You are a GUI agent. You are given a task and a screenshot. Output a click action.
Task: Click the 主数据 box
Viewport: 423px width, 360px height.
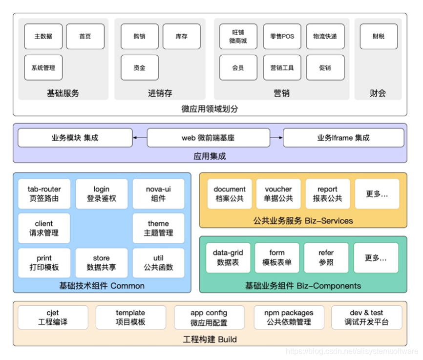pyautogui.click(x=43, y=37)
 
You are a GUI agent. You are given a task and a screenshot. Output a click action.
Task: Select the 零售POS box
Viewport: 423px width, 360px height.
pyautogui.click(x=282, y=37)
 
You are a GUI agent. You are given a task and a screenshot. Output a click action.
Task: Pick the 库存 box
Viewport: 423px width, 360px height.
pyautogui.click(x=181, y=37)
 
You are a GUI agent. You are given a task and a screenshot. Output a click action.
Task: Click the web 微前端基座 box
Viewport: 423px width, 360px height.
pyautogui.click(x=208, y=138)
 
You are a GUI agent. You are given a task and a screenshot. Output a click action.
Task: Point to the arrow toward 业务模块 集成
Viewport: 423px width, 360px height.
pyautogui.click(x=140, y=138)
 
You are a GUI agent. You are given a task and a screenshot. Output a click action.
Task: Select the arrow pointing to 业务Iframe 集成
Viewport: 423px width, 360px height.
pyautogui.click(x=276, y=138)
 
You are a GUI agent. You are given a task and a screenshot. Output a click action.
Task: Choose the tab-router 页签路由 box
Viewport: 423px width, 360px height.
pyautogui.click(x=44, y=194)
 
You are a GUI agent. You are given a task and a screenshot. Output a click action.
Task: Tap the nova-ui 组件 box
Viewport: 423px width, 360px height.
pyautogui.click(x=158, y=194)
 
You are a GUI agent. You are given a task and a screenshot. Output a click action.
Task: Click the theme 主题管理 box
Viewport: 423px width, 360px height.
pyautogui.click(x=158, y=228)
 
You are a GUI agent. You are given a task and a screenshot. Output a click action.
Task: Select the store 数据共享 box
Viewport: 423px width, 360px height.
pyautogui.click(x=101, y=263)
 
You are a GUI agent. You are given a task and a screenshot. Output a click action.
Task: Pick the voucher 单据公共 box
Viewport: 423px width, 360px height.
pyautogui.click(x=278, y=194)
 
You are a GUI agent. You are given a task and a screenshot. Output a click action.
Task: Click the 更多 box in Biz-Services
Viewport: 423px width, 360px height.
pyautogui.click(x=377, y=194)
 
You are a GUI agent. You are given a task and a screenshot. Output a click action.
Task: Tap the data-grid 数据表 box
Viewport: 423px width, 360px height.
pyautogui.click(x=228, y=257)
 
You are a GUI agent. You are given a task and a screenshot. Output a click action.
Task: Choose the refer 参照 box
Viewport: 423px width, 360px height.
pyautogui.click(x=326, y=257)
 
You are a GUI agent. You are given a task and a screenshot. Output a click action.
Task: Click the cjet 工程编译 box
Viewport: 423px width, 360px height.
pyautogui.click(x=53, y=318)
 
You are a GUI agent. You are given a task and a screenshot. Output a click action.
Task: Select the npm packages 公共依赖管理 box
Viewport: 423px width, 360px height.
pyautogui.click(x=289, y=318)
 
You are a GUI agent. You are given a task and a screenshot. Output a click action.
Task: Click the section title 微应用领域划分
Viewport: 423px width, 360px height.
pyautogui.click(x=210, y=109)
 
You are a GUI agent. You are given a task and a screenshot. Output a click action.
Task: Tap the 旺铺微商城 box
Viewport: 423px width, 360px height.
pyautogui.click(x=238, y=37)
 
